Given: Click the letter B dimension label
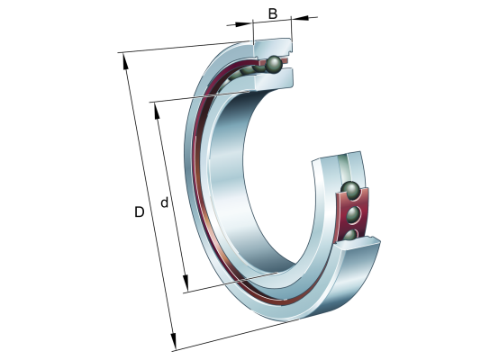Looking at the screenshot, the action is click(273, 14).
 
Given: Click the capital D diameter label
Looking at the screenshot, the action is click(139, 211).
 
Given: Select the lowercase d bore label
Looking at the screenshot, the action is click(164, 202).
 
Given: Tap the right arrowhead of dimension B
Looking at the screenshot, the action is click(301, 17).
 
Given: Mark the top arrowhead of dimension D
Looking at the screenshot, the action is click(125, 60).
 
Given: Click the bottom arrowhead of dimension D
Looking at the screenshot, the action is click(173, 341).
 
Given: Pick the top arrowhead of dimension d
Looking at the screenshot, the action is click(157, 111).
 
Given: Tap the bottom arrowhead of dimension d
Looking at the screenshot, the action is click(186, 283).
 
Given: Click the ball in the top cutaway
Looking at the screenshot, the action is click(274, 64).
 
